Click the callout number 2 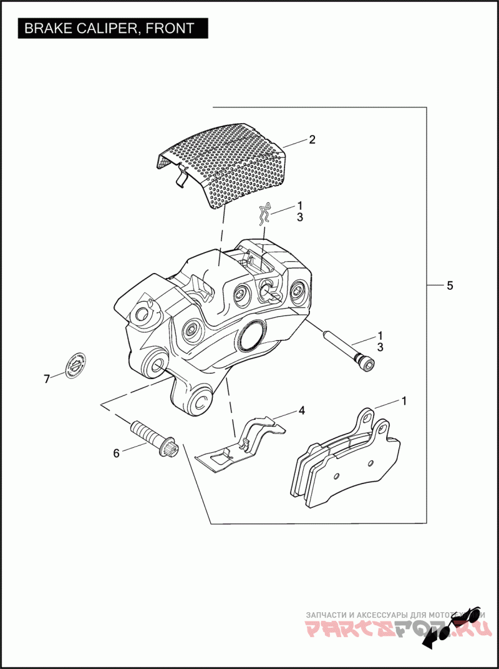(312, 140)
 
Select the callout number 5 (450, 285)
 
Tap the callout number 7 (46, 379)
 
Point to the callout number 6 (116, 453)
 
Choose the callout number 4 (301, 411)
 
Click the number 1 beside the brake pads (404, 401)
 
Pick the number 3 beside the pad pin (380, 347)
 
